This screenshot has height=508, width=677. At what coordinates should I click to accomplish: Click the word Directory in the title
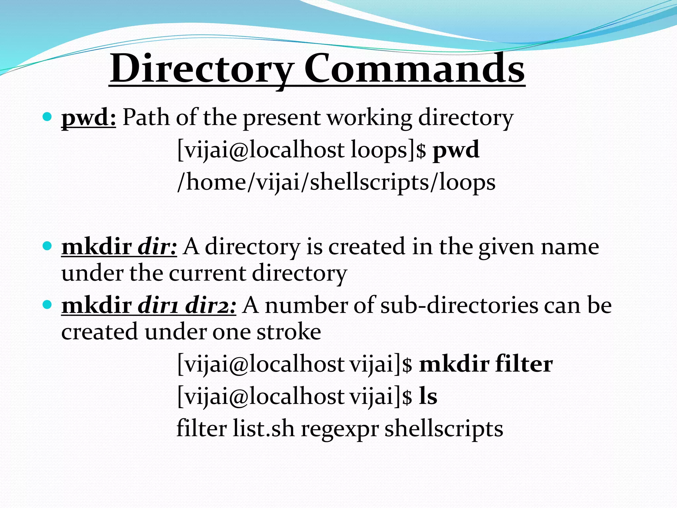(x=202, y=69)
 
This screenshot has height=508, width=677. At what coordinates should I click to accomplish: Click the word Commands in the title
(x=414, y=69)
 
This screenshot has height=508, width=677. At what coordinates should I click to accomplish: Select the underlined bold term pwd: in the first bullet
(x=89, y=118)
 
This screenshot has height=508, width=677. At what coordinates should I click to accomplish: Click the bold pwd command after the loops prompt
(x=456, y=150)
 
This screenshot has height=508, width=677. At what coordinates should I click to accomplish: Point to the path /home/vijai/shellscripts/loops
(x=336, y=182)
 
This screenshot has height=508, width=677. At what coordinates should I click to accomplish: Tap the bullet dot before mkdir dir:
(x=48, y=246)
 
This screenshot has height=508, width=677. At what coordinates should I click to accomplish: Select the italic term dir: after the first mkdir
(x=157, y=247)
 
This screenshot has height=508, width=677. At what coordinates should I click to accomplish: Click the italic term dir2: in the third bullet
(x=211, y=305)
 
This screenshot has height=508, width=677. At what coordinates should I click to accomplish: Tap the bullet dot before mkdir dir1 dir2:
(x=48, y=305)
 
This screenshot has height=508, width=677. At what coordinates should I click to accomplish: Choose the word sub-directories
(x=459, y=305)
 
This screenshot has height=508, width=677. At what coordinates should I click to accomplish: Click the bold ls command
(x=428, y=396)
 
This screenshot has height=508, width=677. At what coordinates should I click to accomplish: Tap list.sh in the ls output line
(x=263, y=429)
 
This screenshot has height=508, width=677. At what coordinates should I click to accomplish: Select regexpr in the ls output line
(x=339, y=429)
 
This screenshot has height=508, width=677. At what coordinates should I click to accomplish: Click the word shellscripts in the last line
(x=444, y=429)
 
